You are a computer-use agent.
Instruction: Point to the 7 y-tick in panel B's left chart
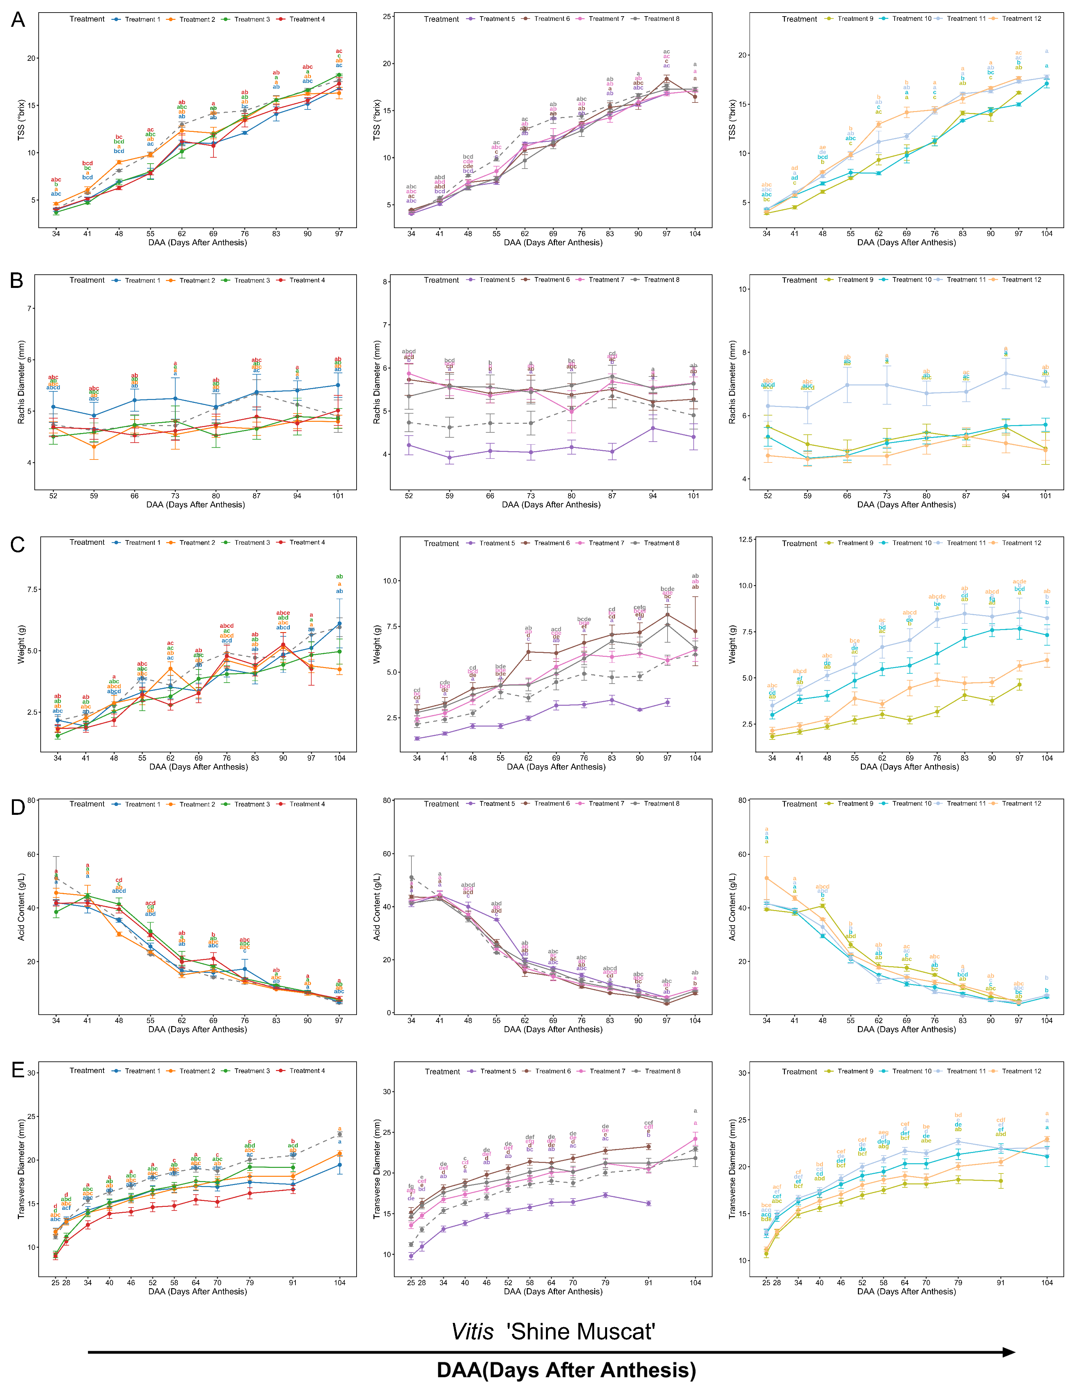[29, 309]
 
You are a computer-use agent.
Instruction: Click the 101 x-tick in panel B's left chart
[338, 496]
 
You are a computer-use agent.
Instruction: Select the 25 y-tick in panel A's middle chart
[387, 17]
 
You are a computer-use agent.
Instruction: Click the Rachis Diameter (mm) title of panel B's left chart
[21, 382]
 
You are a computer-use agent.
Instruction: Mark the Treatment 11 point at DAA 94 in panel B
[1006, 374]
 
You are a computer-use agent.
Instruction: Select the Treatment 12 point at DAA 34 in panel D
[767, 878]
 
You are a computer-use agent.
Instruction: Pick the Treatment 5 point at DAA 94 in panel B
[653, 428]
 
